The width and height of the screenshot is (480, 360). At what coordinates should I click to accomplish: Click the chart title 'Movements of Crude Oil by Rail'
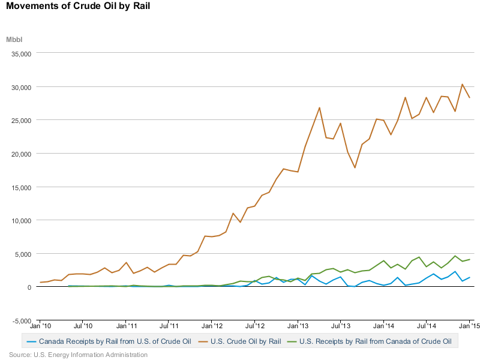pyautogui.click(x=78, y=6)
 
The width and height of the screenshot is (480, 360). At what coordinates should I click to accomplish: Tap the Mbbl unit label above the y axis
pyautogui.click(x=14, y=40)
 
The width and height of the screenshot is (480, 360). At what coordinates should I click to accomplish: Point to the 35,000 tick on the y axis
pyautogui.click(x=21, y=54)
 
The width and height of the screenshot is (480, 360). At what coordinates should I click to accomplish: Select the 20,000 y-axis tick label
pyautogui.click(x=21, y=154)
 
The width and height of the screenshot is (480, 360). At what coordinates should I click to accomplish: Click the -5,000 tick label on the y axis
pyautogui.click(x=22, y=321)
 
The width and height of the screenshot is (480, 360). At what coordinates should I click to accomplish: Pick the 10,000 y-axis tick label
pyautogui.click(x=21, y=221)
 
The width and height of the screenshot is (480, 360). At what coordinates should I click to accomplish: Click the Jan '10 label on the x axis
pyautogui.click(x=40, y=326)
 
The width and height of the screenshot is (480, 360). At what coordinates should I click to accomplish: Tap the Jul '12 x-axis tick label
pyautogui.click(x=255, y=326)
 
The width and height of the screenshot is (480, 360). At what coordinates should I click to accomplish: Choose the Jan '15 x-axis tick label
pyautogui.click(x=469, y=326)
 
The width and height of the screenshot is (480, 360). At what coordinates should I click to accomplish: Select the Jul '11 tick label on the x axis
pyautogui.click(x=169, y=326)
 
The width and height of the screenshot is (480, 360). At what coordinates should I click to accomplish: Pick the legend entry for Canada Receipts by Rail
pyautogui.click(x=109, y=341)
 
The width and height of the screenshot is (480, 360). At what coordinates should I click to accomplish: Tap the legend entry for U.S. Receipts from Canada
pyautogui.click(x=369, y=341)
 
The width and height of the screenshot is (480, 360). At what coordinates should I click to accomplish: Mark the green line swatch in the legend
pyautogui.click(x=292, y=341)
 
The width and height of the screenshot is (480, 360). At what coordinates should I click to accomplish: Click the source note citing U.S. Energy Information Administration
pyautogui.click(x=78, y=355)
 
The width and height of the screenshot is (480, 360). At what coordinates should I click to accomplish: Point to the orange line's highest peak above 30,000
pyautogui.click(x=462, y=84)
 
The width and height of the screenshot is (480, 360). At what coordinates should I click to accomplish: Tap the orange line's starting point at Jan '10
pyautogui.click(x=40, y=282)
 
